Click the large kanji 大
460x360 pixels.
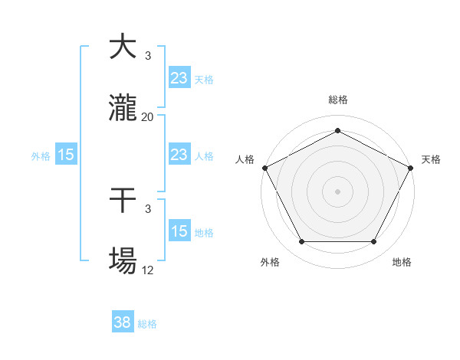tap(123, 47)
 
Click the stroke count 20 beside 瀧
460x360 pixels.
tap(148, 116)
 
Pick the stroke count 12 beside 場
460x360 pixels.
tap(148, 270)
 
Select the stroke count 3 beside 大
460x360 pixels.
tap(148, 55)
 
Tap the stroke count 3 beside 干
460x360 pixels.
tap(148, 208)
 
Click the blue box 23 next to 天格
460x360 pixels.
tap(179, 78)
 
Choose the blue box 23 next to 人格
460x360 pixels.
tap(179, 155)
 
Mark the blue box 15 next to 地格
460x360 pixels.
tap(179, 231)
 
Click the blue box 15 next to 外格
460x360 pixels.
tap(66, 155)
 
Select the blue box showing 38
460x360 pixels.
tap(123, 323)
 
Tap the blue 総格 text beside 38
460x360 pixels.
tap(147, 324)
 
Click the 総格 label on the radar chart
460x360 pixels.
tap(337, 100)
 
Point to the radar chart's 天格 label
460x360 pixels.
tap(431, 159)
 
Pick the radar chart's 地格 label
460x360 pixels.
tap(402, 262)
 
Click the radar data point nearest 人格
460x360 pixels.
tap(264, 167)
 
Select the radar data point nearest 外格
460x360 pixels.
tap(301, 242)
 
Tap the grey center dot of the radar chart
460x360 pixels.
tap(337, 191)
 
